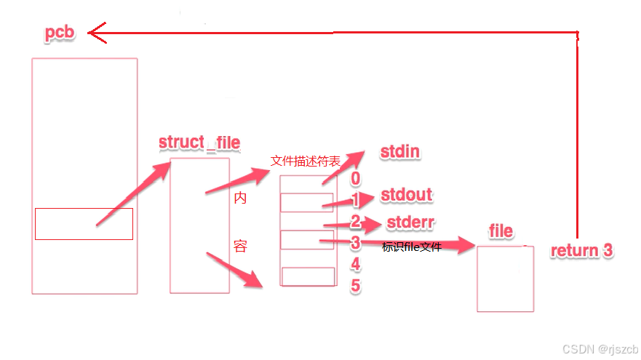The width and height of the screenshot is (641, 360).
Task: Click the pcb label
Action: tap(59, 33)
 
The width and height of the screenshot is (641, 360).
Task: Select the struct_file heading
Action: tap(199, 142)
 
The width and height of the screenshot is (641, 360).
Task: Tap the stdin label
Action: tap(400, 152)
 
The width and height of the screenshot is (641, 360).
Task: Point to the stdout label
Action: tap(406, 195)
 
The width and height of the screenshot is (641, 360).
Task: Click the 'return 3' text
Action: tap(581, 251)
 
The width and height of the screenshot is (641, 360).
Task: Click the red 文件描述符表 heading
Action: tap(305, 161)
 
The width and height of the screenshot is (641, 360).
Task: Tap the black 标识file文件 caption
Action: tap(411, 247)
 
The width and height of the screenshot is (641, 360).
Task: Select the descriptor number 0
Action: tap(355, 178)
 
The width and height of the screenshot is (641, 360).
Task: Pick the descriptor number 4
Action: tap(355, 264)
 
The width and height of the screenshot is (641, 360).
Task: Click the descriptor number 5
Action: tap(355, 286)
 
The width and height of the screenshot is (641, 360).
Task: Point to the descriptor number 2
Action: tap(355, 222)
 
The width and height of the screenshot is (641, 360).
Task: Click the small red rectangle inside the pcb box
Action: tap(84, 223)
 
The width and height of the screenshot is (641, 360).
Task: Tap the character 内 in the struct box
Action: tap(240, 198)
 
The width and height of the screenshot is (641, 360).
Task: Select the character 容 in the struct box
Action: tap(240, 247)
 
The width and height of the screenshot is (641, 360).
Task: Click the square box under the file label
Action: tap(505, 279)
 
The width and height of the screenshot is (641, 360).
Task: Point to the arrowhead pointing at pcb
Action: tap(95, 32)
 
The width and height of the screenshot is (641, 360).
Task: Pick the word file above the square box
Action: tap(501, 231)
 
